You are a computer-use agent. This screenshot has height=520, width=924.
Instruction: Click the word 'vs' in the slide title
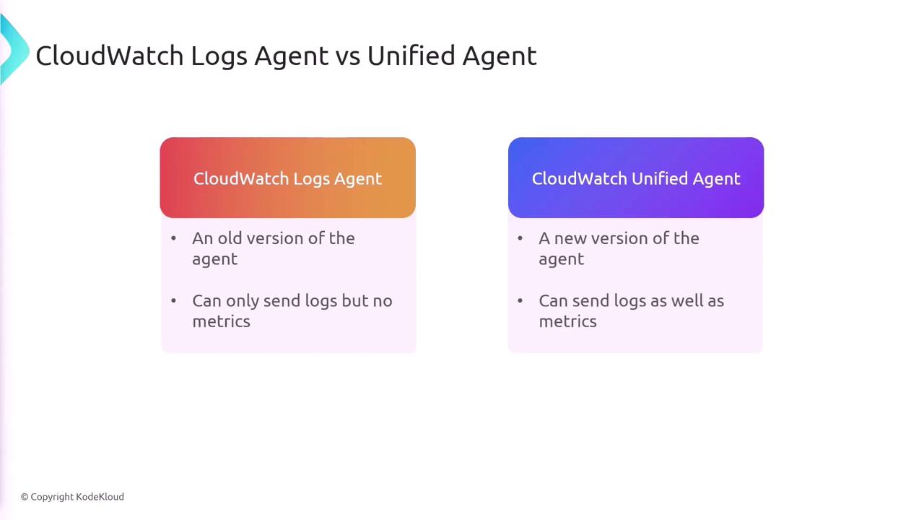pos(348,56)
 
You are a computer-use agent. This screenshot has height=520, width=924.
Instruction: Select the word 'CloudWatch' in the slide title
pos(110,56)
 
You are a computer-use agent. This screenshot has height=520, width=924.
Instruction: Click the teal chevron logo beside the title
pos(14,49)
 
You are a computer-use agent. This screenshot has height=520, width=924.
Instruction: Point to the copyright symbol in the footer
pos(25,497)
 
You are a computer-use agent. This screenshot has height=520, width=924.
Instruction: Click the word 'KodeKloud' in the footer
pos(100,496)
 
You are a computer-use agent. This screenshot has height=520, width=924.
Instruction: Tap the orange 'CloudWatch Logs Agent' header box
pos(287,178)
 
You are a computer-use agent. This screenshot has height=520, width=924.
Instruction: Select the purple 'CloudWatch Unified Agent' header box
pos(636,178)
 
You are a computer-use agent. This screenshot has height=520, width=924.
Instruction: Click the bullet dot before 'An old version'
pos(173,238)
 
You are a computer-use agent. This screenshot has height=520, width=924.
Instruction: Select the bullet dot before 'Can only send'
pos(173,300)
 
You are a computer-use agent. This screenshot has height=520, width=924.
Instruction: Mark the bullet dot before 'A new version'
pos(520,238)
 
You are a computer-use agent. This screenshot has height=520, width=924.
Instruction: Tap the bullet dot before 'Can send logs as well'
pos(520,300)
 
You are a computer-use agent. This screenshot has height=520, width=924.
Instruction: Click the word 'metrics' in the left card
pos(221,321)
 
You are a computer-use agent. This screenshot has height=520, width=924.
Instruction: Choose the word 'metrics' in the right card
pos(567,321)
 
